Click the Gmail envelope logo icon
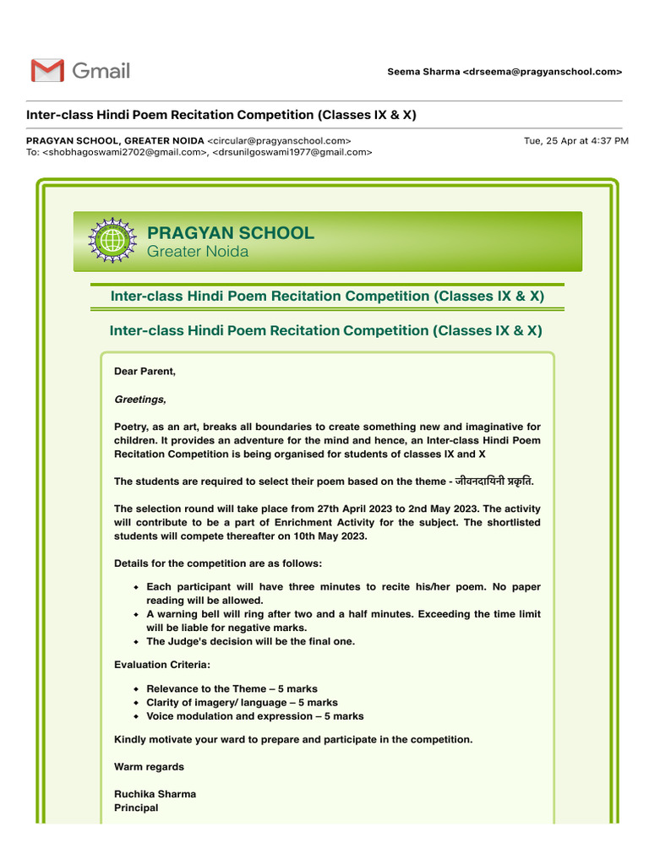[x=47, y=71]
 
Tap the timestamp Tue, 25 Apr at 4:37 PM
[x=575, y=140]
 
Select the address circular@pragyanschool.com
[x=279, y=140]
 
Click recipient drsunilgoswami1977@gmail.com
[x=292, y=152]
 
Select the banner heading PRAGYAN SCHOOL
[x=230, y=233]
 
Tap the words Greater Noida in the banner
[x=198, y=252]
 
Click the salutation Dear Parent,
[x=145, y=372]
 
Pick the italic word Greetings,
[x=140, y=400]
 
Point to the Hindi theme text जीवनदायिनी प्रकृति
[x=494, y=481]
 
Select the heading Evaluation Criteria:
[x=162, y=665]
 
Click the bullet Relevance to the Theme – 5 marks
[x=232, y=689]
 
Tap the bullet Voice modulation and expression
[x=254, y=716]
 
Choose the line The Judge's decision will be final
[x=250, y=641]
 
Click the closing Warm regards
[x=149, y=767]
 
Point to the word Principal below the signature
[x=136, y=808]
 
